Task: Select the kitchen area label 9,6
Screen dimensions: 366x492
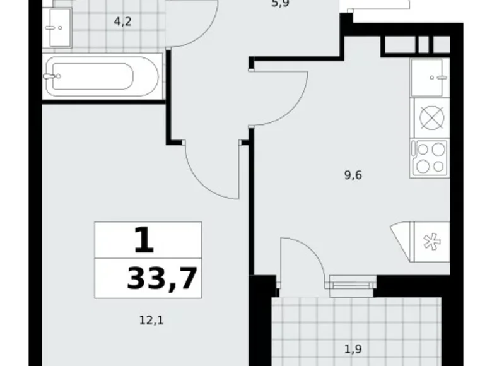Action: point(353,175)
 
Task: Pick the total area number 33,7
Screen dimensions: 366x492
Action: point(163,278)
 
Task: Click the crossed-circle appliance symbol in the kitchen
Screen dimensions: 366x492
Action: point(430,118)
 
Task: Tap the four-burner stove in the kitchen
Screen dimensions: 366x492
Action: point(430,157)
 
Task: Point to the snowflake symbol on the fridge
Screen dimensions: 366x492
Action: point(431,242)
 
